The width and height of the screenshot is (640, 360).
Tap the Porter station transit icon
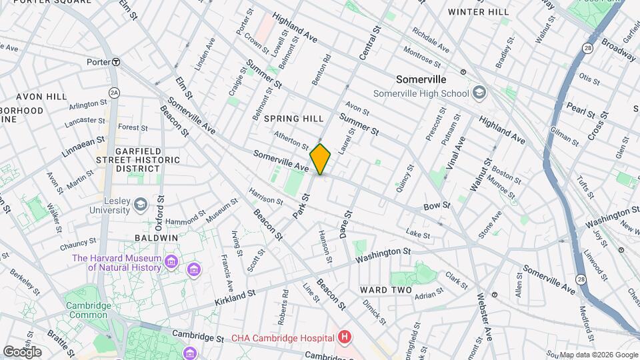pos(116,62)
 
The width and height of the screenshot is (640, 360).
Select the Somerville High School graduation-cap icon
pos(478,93)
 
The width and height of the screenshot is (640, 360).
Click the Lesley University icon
pos(141,204)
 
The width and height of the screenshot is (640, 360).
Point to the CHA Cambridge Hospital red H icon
pos(344,337)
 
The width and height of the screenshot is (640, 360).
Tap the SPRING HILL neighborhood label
pos(293,118)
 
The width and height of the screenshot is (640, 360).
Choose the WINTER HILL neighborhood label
pos(478,12)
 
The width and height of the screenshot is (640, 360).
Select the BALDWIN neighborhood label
pos(156,237)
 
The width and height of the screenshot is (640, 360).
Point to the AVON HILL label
pos(41,97)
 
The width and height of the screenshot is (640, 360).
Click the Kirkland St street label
pos(235,293)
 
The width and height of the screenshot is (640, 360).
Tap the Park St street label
pos(301,206)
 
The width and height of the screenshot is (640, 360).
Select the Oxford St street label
pos(160,201)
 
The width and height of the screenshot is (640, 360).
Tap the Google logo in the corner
pos(22,351)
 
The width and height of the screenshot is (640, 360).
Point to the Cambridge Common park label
pos(88,310)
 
